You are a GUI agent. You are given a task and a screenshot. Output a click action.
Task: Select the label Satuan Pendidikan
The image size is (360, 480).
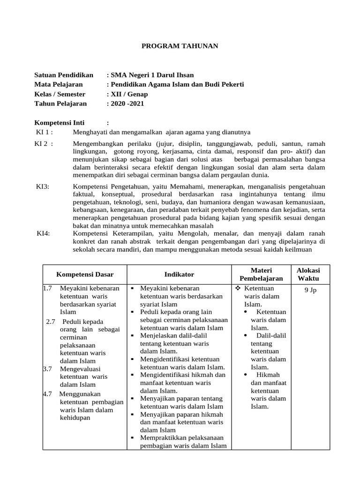pos(64,75)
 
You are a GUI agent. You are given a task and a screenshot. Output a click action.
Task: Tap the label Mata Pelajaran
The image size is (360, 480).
pos(59,84)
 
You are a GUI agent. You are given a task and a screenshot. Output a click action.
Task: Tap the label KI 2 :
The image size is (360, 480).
pos(45,144)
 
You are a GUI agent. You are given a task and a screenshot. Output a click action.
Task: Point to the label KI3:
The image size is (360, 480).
pos(43,187)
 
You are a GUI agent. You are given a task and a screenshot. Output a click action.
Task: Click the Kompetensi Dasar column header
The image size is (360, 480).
pos(85,274)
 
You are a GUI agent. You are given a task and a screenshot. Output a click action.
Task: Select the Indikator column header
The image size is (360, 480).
pos(179,274)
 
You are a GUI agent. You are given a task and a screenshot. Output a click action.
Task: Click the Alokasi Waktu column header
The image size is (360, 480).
pos(308,274)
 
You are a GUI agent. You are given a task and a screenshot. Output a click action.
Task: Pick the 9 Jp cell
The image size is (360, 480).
pos(310,290)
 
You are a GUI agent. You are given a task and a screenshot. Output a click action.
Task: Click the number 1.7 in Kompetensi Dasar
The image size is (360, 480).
pos(47,288)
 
